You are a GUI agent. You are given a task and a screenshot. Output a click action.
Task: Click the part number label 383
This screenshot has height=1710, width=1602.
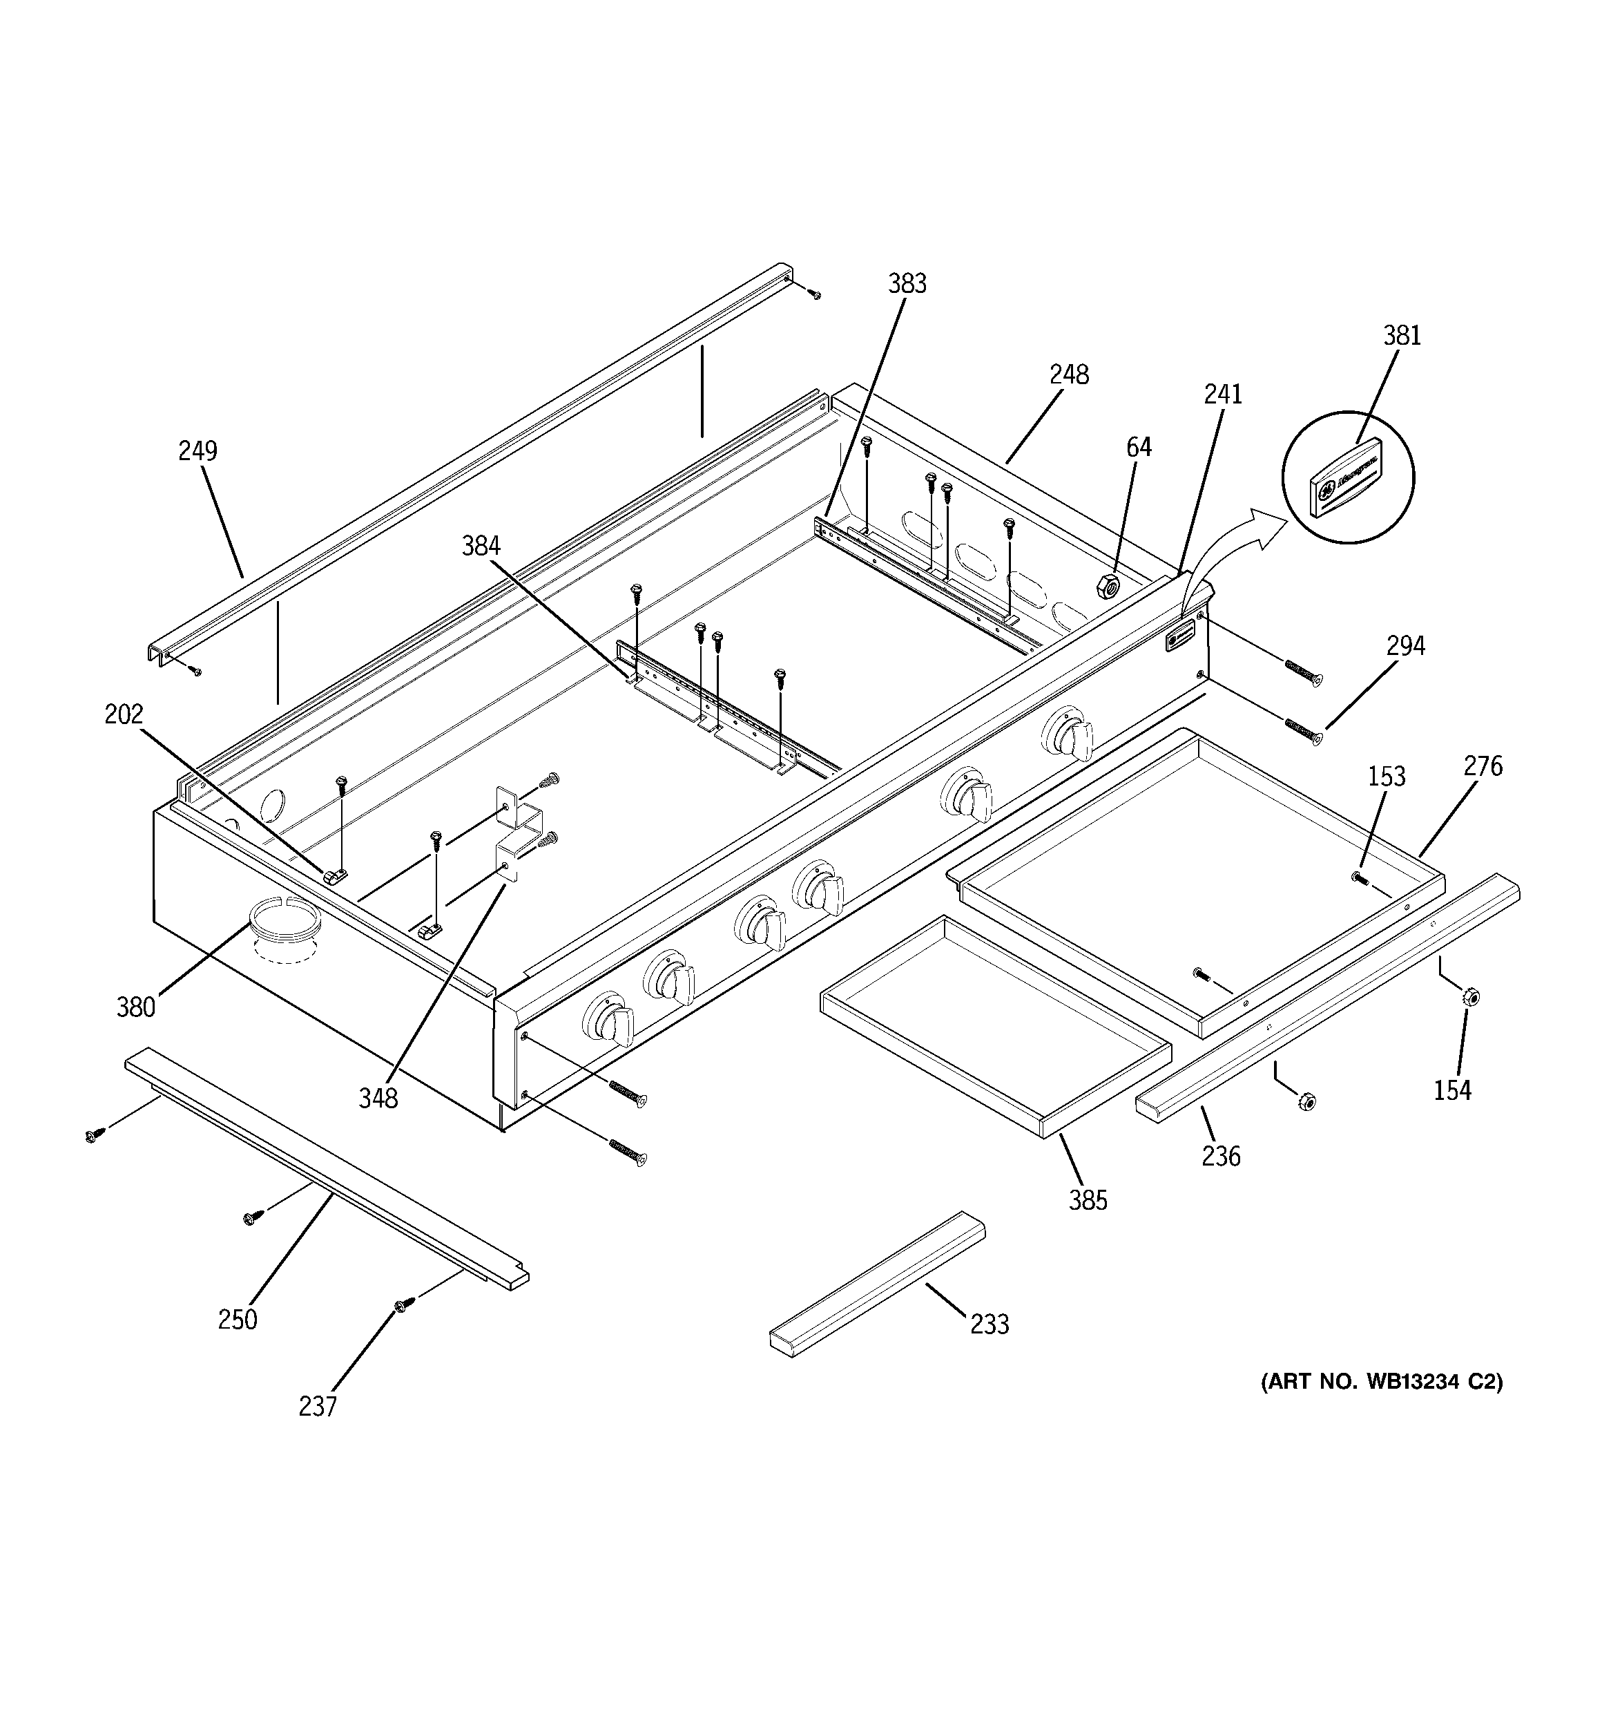click(907, 283)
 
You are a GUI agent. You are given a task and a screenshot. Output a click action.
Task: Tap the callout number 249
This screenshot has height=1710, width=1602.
click(197, 450)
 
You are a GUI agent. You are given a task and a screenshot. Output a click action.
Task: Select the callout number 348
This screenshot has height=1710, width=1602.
click(378, 1098)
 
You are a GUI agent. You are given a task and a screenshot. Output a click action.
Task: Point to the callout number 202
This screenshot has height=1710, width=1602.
click(124, 714)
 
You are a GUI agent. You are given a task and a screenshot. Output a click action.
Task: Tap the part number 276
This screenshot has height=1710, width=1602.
click(1483, 766)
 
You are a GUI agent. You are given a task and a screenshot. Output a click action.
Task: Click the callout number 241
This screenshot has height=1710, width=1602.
click(1223, 394)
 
